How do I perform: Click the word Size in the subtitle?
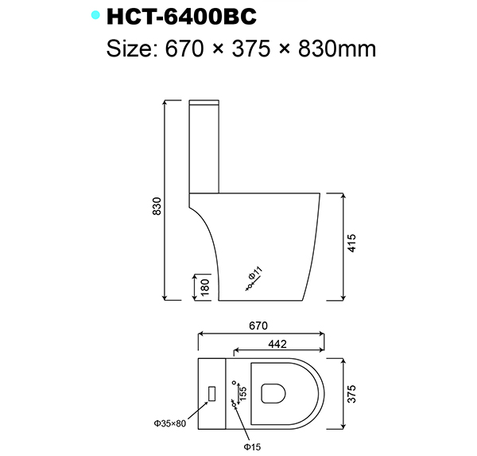132,49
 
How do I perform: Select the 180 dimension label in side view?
205,287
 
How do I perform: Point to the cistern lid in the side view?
204,103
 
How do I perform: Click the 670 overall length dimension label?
258,325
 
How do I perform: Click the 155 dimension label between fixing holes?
243,392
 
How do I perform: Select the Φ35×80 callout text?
170,423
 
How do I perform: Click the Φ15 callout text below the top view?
253,446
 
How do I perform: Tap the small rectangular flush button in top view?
211,392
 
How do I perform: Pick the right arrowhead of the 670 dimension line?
323,334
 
